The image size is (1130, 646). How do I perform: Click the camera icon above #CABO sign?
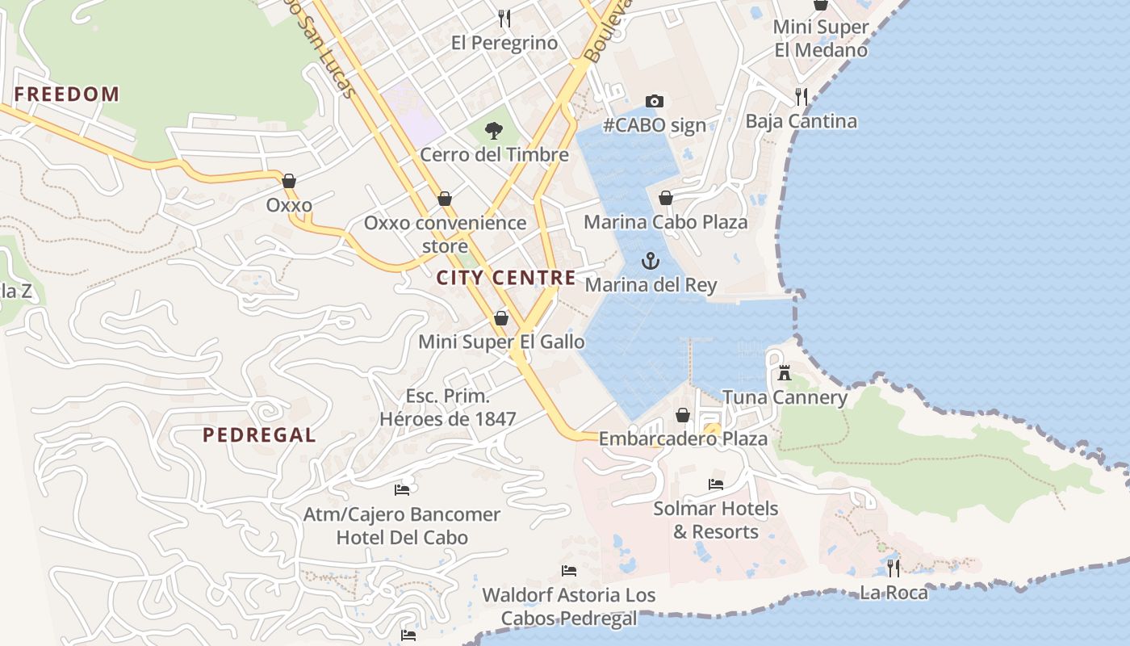coord(655,101)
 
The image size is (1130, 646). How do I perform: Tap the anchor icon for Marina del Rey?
coord(650,261)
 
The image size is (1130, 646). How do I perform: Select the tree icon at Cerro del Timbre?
coord(493,130)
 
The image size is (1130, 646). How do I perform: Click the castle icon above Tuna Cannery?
coord(784,373)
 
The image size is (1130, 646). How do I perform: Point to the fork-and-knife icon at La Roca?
coord(893,568)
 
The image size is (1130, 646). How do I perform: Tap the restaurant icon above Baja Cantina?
coord(801,97)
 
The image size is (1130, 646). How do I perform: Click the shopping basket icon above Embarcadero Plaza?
coord(683,415)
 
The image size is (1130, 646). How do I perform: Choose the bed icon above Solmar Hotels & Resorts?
coord(715,484)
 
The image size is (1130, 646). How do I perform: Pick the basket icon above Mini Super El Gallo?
coord(500,318)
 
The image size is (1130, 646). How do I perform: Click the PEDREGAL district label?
coord(259,435)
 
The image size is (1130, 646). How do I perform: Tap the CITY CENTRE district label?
coord(506,279)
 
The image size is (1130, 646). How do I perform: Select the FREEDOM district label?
coord(67,94)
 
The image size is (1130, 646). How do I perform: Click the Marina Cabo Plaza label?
coord(666,222)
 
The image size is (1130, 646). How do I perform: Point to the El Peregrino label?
coord(504,43)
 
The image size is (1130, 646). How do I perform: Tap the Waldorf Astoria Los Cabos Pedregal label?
coord(568,606)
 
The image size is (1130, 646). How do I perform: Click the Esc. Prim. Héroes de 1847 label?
coord(448,408)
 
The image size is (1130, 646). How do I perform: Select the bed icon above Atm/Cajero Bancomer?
coord(401,489)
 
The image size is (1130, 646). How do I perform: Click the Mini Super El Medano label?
coord(821,38)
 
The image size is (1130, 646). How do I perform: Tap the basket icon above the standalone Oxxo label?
coord(289,181)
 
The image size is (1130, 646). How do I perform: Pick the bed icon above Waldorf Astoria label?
coord(568,571)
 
